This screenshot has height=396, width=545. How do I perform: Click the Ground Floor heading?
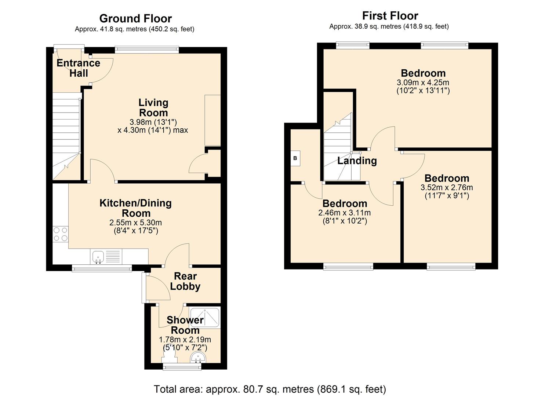pyautogui.click(x=135, y=18)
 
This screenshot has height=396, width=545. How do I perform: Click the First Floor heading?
pyautogui.click(x=390, y=16)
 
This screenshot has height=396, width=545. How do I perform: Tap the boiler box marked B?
pyautogui.click(x=295, y=158)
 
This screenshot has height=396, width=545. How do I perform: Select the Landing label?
pyautogui.click(x=357, y=161)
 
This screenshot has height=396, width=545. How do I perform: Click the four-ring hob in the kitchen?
pyautogui.click(x=61, y=234)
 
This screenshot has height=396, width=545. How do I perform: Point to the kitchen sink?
pyautogui.click(x=98, y=257)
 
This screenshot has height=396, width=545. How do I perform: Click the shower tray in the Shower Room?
pyautogui.click(x=205, y=318)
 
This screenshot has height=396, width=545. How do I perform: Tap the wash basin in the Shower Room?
pyautogui.click(x=199, y=357)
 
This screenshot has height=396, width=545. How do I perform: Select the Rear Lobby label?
pyautogui.click(x=185, y=282)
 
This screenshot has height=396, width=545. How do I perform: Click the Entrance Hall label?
pyautogui.click(x=78, y=68)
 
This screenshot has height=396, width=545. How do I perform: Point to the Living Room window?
pyautogui.click(x=147, y=50)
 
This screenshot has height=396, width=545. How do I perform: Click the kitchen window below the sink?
pyautogui.click(x=102, y=268)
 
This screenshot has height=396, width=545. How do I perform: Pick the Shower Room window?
pyautogui.click(x=182, y=367)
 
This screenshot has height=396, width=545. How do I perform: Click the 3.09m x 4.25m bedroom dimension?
pyautogui.click(x=423, y=82)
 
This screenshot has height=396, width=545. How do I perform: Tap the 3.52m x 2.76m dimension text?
pyautogui.click(x=447, y=188)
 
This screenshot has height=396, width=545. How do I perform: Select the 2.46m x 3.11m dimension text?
pyautogui.click(x=345, y=213)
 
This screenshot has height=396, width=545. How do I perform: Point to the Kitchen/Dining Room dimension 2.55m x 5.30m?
pyautogui.click(x=136, y=223)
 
